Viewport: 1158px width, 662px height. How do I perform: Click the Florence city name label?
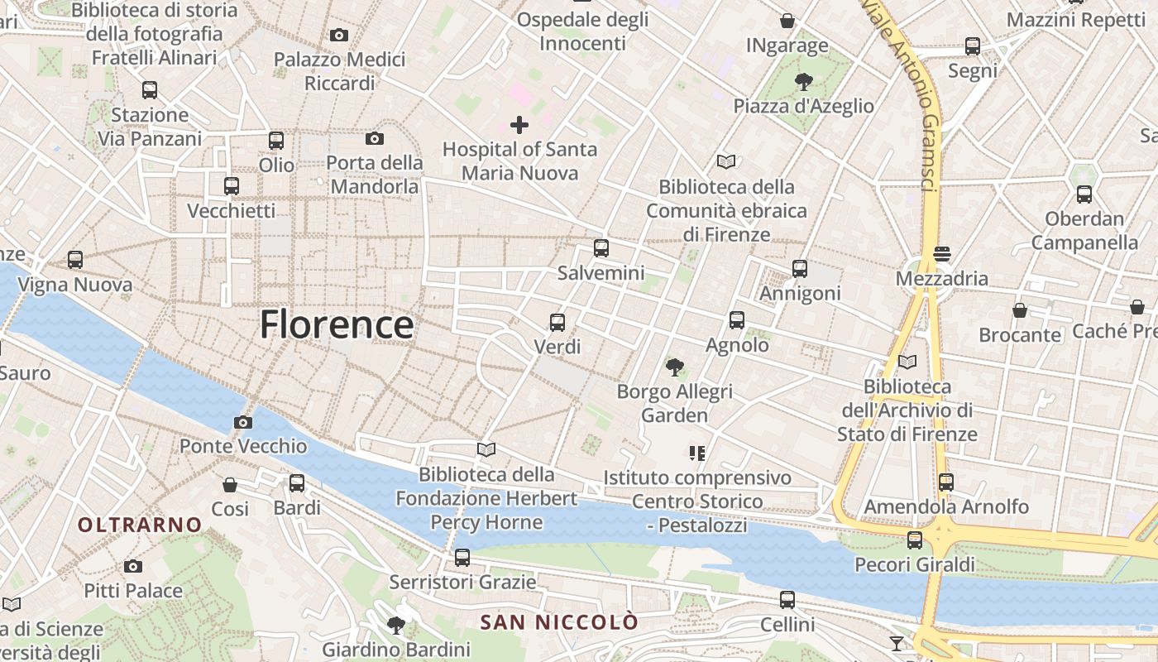tap(337, 324)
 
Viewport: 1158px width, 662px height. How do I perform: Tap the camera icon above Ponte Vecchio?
tap(242, 422)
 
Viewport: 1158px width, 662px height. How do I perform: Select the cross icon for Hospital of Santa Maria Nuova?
tap(519, 125)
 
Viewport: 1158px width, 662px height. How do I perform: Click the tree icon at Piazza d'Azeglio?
tap(802, 81)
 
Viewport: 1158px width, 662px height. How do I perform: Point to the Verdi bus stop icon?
tap(557, 322)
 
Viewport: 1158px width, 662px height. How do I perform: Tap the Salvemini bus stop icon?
tap(601, 247)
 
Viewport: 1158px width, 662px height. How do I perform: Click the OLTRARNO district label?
tap(140, 525)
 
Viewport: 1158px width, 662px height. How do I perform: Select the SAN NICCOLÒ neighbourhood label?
tap(560, 622)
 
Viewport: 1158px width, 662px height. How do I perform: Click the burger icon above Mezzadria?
tap(942, 253)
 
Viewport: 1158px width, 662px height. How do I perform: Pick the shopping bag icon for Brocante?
tap(1020, 310)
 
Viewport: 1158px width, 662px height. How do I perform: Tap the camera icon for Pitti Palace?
tap(132, 566)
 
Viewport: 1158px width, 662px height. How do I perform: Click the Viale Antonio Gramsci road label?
tap(907, 95)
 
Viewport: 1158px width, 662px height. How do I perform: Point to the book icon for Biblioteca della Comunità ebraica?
tap(726, 161)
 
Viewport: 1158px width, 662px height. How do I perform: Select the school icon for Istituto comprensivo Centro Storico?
tap(696, 453)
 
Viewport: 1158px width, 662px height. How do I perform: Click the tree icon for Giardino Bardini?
tap(396, 625)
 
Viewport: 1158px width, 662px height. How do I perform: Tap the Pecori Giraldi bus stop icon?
tap(914, 540)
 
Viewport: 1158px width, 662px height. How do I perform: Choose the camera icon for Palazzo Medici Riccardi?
tap(338, 35)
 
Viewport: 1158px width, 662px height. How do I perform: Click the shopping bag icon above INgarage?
tap(787, 20)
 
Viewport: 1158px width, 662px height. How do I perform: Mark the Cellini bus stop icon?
tap(787, 599)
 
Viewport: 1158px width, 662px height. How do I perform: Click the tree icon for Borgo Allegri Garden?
tap(675, 366)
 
